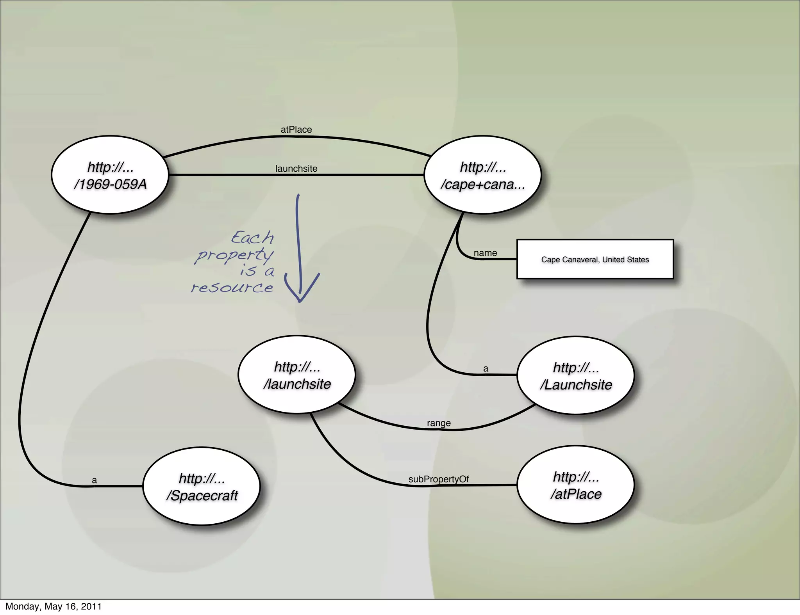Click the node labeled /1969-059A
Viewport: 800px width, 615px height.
pos(110,175)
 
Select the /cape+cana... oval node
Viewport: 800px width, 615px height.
pos(483,175)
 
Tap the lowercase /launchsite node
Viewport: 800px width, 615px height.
pos(297,375)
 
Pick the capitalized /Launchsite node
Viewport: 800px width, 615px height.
pos(576,376)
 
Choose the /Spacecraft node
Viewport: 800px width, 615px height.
pos(202,487)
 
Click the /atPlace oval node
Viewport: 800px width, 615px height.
pos(576,485)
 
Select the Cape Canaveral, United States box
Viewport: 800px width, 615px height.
pos(595,260)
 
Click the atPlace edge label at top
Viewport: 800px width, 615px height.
pos(296,130)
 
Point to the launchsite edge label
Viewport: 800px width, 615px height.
pos(296,169)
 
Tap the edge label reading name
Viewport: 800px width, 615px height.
pos(485,253)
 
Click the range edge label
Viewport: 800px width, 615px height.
pos(439,423)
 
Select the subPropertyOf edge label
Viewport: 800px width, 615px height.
pos(438,479)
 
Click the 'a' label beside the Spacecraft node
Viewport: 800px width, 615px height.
pos(94,480)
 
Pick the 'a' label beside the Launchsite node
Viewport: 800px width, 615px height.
pos(486,368)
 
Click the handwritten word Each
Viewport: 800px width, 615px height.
pos(253,238)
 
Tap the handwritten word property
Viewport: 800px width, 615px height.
pos(234,255)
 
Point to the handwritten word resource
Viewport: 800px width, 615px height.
pos(232,288)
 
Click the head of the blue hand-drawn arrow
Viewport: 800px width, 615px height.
pos(300,299)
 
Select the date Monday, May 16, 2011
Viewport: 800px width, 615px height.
pos(54,606)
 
